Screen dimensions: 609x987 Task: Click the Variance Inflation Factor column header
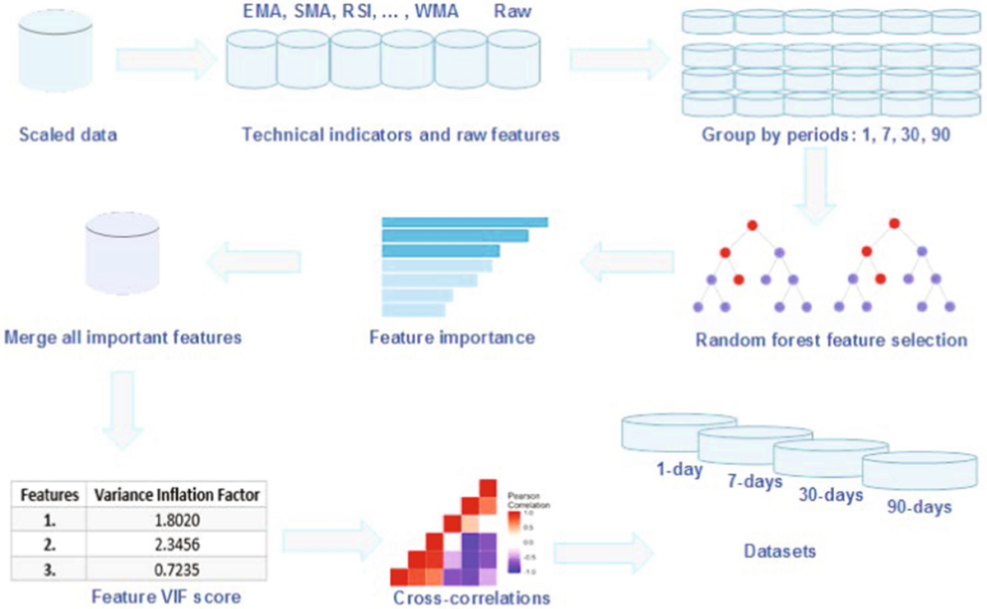[x=177, y=495]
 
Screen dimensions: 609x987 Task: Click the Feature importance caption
[x=452, y=337]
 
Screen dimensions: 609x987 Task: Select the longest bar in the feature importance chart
[x=465, y=221]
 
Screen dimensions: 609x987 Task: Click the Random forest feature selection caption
[x=831, y=339]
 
